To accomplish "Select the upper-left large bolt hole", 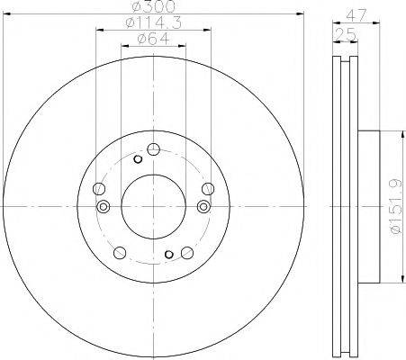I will [98, 189].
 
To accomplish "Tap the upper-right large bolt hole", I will [208, 188].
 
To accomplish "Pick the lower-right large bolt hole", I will [186, 253].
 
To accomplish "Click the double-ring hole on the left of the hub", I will [103, 207].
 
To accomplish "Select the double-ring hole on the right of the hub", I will [204, 207].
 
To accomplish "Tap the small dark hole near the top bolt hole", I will [137, 159].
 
